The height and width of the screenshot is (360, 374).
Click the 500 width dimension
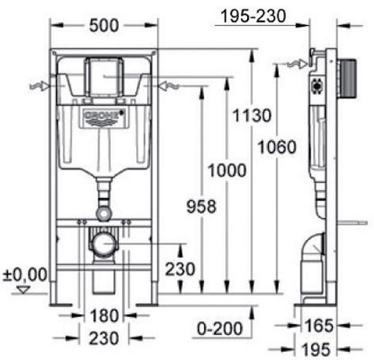(104, 26)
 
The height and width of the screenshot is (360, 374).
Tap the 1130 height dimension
(252, 115)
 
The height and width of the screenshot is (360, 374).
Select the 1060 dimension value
(277, 147)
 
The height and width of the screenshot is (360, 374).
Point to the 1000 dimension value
(227, 171)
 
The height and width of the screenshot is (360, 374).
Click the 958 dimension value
(201, 207)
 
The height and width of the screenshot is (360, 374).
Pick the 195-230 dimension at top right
(254, 17)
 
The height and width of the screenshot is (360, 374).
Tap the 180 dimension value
(104, 315)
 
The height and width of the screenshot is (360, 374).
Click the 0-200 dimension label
(220, 328)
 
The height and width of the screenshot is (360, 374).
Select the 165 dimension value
(319, 325)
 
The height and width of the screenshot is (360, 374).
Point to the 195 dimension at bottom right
(316, 350)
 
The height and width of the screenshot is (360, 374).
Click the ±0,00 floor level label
(25, 274)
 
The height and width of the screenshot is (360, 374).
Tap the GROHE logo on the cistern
(104, 117)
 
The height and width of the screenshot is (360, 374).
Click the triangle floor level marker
(24, 289)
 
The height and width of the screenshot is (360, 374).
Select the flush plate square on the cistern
(104, 77)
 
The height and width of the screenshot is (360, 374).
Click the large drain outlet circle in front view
(104, 244)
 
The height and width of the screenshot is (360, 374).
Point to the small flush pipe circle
(104, 213)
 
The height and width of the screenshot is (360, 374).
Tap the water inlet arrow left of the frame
(40, 86)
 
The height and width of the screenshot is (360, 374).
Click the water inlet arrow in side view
(296, 64)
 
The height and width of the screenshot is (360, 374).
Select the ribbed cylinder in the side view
(347, 78)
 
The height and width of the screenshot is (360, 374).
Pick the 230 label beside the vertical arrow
(180, 269)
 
